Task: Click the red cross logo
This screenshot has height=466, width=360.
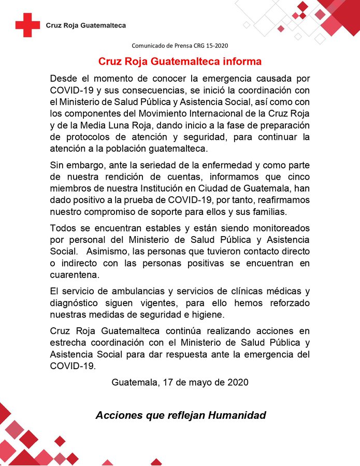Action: click(x=27, y=25)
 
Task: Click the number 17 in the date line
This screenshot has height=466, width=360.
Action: click(x=167, y=383)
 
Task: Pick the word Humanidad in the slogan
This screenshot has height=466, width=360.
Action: click(x=237, y=415)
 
